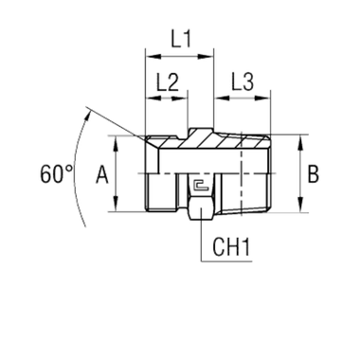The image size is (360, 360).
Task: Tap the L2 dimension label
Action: (167, 82)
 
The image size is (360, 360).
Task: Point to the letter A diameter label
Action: (101, 173)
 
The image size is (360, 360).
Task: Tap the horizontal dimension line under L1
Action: (178, 57)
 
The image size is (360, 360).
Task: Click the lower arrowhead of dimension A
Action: (117, 207)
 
